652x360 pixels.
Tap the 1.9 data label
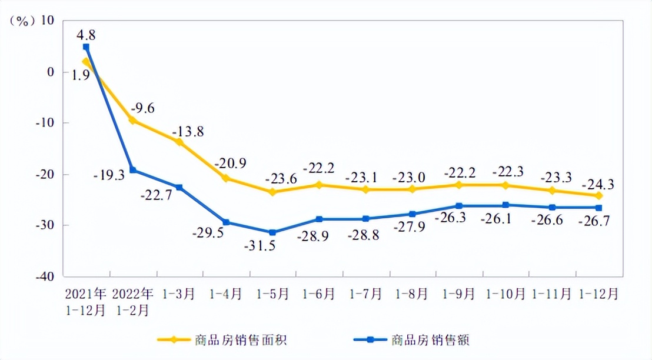81,75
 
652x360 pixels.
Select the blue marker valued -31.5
272,232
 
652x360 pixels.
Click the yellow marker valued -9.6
132,121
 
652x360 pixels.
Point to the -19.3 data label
108,175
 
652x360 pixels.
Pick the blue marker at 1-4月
226,222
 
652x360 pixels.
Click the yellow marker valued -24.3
598,195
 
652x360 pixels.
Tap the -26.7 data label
596,221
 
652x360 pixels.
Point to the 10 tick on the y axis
46,21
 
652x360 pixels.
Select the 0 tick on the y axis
51,72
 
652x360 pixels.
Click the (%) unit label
22,21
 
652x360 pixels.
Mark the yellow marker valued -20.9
226,178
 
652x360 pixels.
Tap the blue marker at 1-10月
505,205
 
